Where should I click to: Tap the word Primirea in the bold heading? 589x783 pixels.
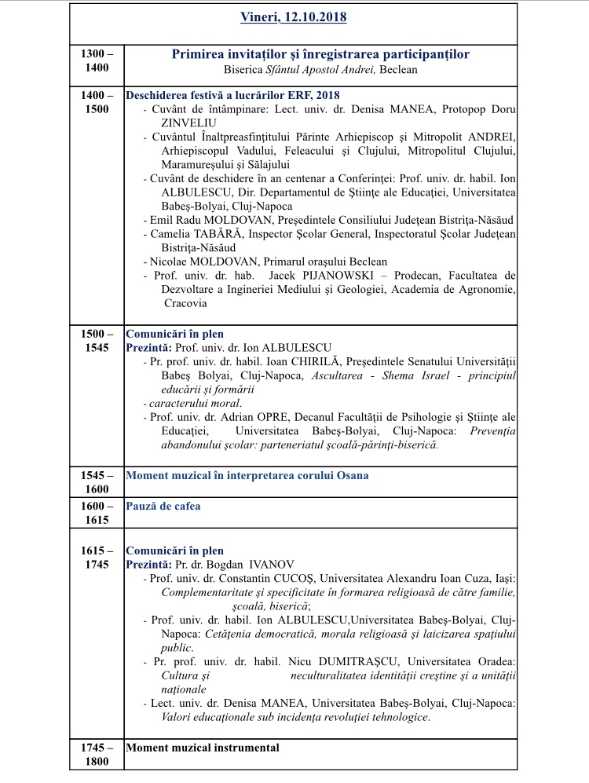click(203, 53)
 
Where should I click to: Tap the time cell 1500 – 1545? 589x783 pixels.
click(97, 341)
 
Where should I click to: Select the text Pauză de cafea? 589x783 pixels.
click(163, 506)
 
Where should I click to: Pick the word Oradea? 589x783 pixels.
click(494, 661)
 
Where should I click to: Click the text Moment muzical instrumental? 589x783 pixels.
click(203, 748)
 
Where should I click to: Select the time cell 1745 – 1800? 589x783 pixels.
click(97, 755)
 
